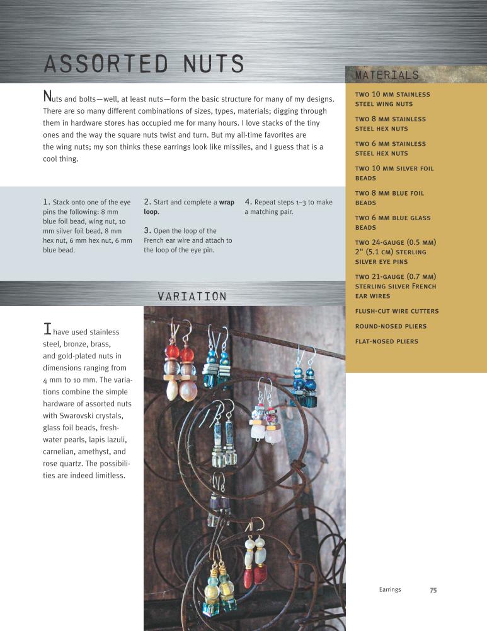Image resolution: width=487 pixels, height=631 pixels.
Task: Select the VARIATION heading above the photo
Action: pos(192,296)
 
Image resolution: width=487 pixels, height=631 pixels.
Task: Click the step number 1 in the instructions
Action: pos(46,202)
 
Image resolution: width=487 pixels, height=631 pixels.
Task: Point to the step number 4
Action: pos(248,202)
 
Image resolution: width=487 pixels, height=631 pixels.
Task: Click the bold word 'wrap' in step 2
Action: pos(226,203)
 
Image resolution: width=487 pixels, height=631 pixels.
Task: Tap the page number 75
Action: pos(433,590)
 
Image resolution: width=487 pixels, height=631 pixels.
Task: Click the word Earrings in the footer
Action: pos(390,590)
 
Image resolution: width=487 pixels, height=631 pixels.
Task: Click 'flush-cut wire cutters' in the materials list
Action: pos(397,312)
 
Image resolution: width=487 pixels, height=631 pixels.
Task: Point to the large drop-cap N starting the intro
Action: pos(46,97)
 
